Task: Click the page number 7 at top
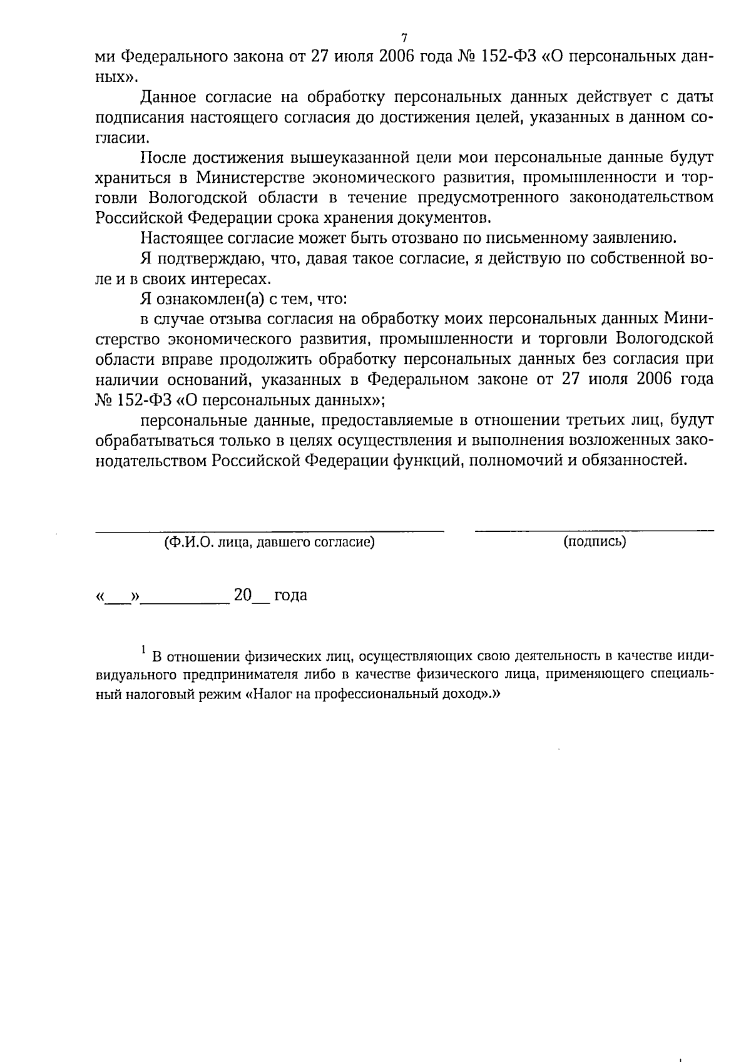pyautogui.click(x=404, y=37)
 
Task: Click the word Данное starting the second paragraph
pyautogui.click(x=168, y=97)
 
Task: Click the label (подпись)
pyautogui.click(x=595, y=541)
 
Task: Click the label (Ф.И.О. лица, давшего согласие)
pyautogui.click(x=270, y=543)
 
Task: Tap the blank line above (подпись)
pyautogui.click(x=594, y=530)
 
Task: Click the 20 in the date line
pyautogui.click(x=242, y=595)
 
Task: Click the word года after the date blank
pyautogui.click(x=290, y=596)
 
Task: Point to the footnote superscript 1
pyautogui.click(x=143, y=650)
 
